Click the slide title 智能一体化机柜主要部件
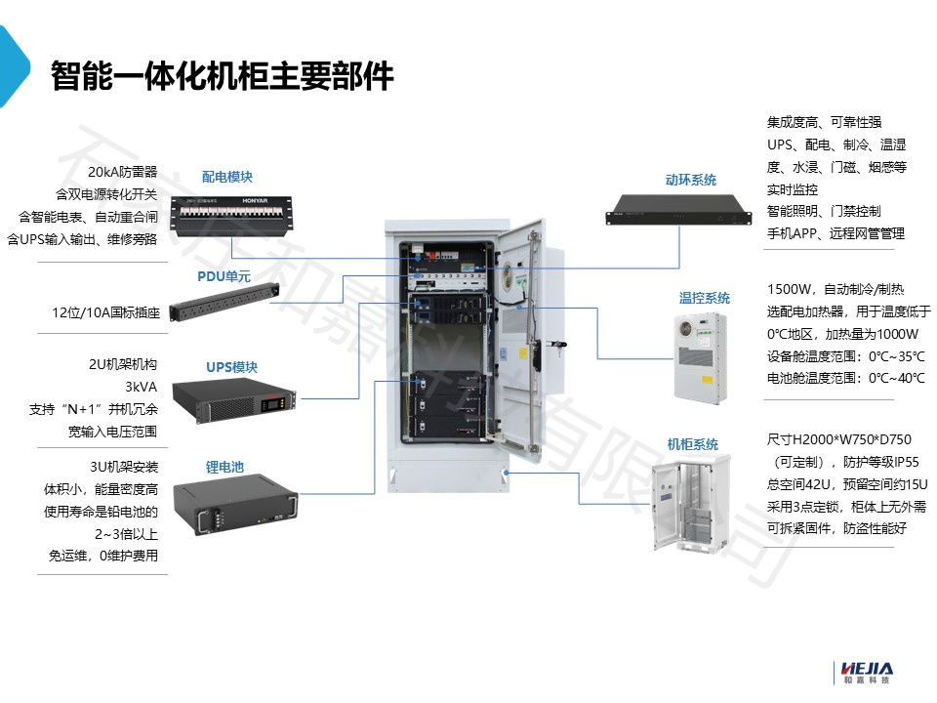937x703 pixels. (223, 75)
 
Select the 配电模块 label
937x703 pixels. (227, 177)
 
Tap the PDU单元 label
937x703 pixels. (224, 276)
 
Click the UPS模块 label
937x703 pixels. (231, 367)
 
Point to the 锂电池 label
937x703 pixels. (224, 467)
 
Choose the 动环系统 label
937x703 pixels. (690, 180)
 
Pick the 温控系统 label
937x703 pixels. (704, 298)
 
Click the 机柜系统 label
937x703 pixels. (692, 444)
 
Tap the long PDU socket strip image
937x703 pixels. (224, 302)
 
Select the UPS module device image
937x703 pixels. (232, 401)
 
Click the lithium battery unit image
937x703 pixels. (230, 506)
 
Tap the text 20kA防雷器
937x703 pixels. (122, 171)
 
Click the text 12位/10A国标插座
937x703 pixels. (105, 313)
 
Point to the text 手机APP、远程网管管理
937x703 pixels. (835, 233)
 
